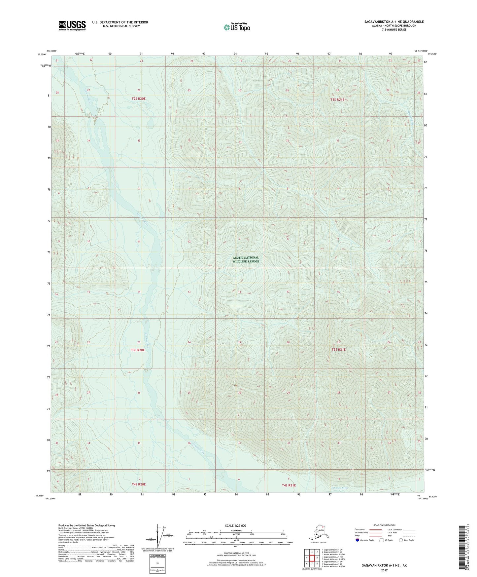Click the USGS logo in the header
click(x=72, y=25)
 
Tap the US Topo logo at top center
click(x=236, y=27)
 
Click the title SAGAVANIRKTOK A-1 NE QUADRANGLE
click(x=394, y=22)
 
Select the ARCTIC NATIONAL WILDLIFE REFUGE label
click(x=246, y=259)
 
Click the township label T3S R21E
click(x=338, y=349)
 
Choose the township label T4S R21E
click(x=289, y=485)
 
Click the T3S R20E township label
click(x=138, y=350)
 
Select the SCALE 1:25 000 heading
click(x=236, y=525)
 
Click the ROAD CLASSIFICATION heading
click(x=384, y=525)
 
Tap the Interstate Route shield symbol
click(x=358, y=540)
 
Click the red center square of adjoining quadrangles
click(x=312, y=558)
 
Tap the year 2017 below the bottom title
click(x=384, y=570)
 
